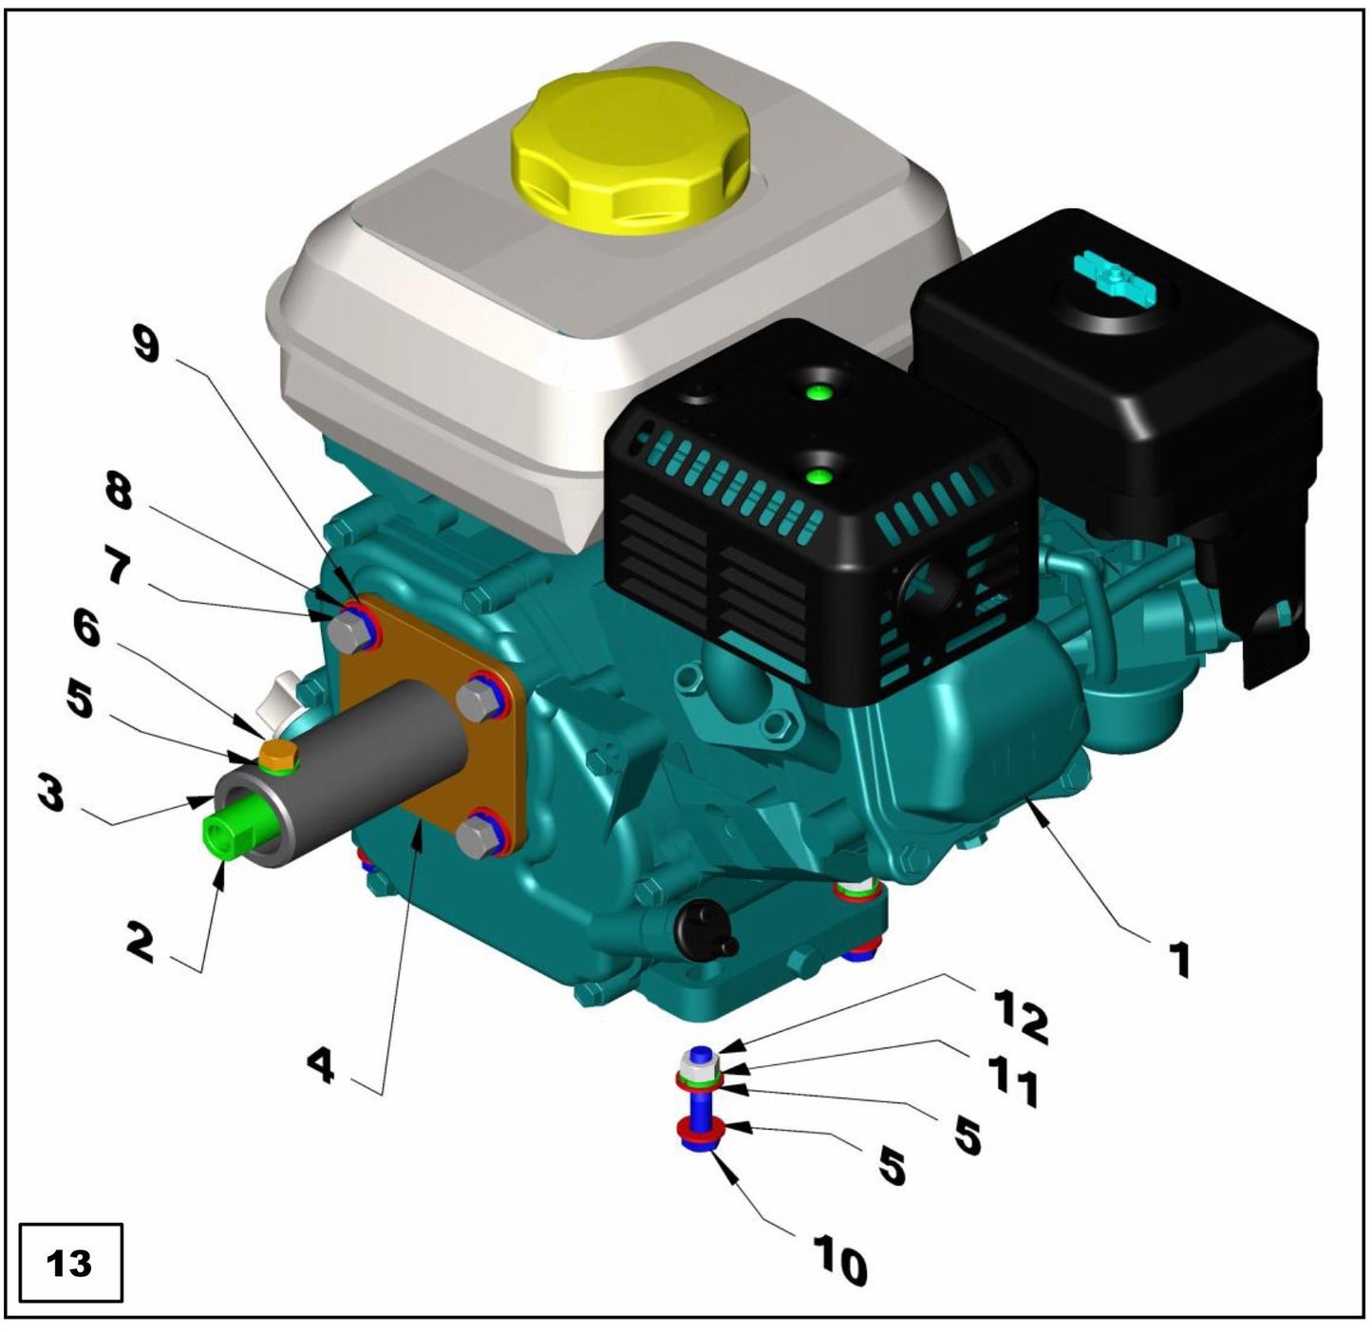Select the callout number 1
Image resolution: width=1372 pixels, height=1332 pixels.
pyautogui.click(x=1177, y=959)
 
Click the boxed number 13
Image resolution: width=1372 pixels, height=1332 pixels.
pyautogui.click(x=70, y=1264)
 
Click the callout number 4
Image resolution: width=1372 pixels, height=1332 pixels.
pyautogui.click(x=321, y=1067)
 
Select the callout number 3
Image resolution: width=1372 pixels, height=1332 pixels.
pyautogui.click(x=50, y=794)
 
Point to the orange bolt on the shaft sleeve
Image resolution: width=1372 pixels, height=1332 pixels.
pyautogui.click(x=278, y=756)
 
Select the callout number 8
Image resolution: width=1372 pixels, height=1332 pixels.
pyautogui.click(x=120, y=492)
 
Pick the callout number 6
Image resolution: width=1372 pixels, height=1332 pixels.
pyautogui.click(x=86, y=630)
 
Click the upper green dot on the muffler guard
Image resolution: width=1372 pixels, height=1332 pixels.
pyautogui.click(x=816, y=392)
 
